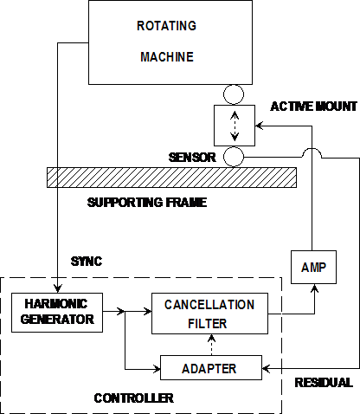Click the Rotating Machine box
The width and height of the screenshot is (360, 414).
[170, 42]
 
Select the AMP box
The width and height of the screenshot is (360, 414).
[313, 267]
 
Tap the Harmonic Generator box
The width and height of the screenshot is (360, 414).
[57, 313]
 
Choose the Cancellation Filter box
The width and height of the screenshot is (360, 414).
[209, 314]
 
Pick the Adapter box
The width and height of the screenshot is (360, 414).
[211, 367]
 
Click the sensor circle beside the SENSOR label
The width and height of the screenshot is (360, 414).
[234, 157]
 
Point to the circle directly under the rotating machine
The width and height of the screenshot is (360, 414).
[234, 94]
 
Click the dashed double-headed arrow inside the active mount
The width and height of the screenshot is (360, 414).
[235, 126]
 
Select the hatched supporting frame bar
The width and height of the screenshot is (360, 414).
[171, 178]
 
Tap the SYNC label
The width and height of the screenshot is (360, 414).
[87, 262]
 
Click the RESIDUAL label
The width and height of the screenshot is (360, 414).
[324, 383]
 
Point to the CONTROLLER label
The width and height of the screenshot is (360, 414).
[134, 398]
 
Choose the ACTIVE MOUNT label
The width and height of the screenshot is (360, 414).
[314, 107]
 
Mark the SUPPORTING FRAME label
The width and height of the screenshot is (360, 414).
[147, 203]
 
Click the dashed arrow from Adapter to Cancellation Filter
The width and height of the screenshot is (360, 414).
[212, 345]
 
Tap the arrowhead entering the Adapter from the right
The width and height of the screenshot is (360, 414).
[266, 369]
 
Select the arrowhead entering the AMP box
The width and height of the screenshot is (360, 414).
[314, 288]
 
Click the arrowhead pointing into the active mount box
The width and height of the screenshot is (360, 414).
[259, 126]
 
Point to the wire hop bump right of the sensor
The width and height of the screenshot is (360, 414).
[312, 153]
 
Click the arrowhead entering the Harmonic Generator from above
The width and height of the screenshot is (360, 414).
[58, 288]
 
